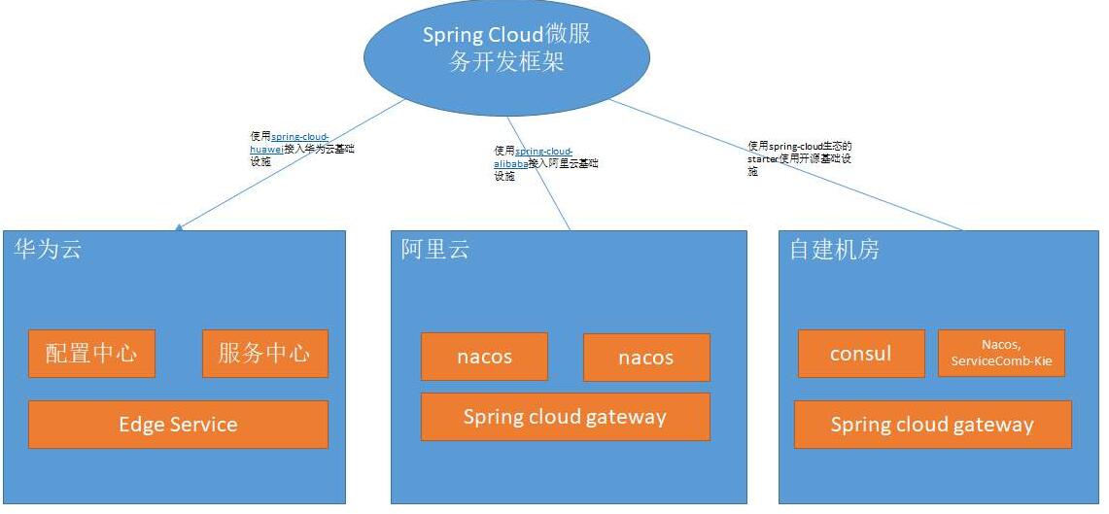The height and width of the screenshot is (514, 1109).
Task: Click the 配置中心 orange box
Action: click(91, 354)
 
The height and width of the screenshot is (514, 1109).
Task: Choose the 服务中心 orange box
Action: click(264, 354)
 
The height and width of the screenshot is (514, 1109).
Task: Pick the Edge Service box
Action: click(178, 425)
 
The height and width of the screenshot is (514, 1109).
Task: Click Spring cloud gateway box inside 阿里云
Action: click(565, 417)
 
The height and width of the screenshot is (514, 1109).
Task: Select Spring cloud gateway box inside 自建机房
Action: click(932, 425)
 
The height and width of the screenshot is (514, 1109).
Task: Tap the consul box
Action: click(860, 354)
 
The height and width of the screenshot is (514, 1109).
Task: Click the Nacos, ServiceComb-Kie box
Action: click(1001, 354)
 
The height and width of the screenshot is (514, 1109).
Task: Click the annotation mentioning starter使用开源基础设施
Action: click(800, 157)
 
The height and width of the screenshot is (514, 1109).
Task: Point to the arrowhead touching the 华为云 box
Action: click(179, 227)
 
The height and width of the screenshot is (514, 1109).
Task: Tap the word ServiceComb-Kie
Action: click(1001, 360)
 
